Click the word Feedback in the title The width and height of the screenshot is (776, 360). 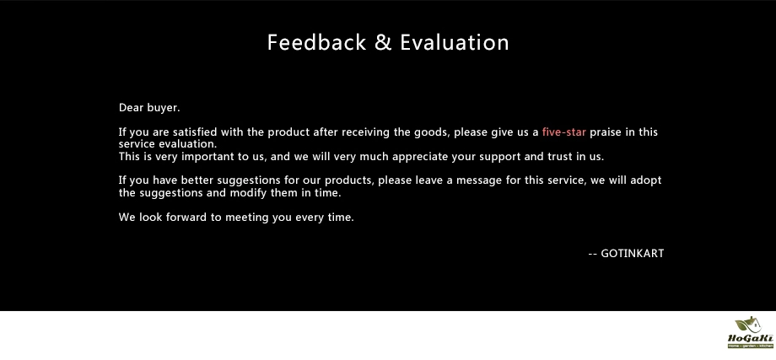(317, 42)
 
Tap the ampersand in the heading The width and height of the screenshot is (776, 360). (383, 42)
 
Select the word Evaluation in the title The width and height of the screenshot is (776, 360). (455, 42)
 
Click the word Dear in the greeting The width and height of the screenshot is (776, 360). (131, 108)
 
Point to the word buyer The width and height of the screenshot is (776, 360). (164, 108)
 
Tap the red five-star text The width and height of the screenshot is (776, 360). (564, 132)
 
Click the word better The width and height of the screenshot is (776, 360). (197, 180)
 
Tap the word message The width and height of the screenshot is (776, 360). (478, 181)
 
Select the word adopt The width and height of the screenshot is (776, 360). (646, 180)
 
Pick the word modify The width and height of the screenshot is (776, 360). (248, 193)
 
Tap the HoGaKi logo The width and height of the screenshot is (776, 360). (750, 332)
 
